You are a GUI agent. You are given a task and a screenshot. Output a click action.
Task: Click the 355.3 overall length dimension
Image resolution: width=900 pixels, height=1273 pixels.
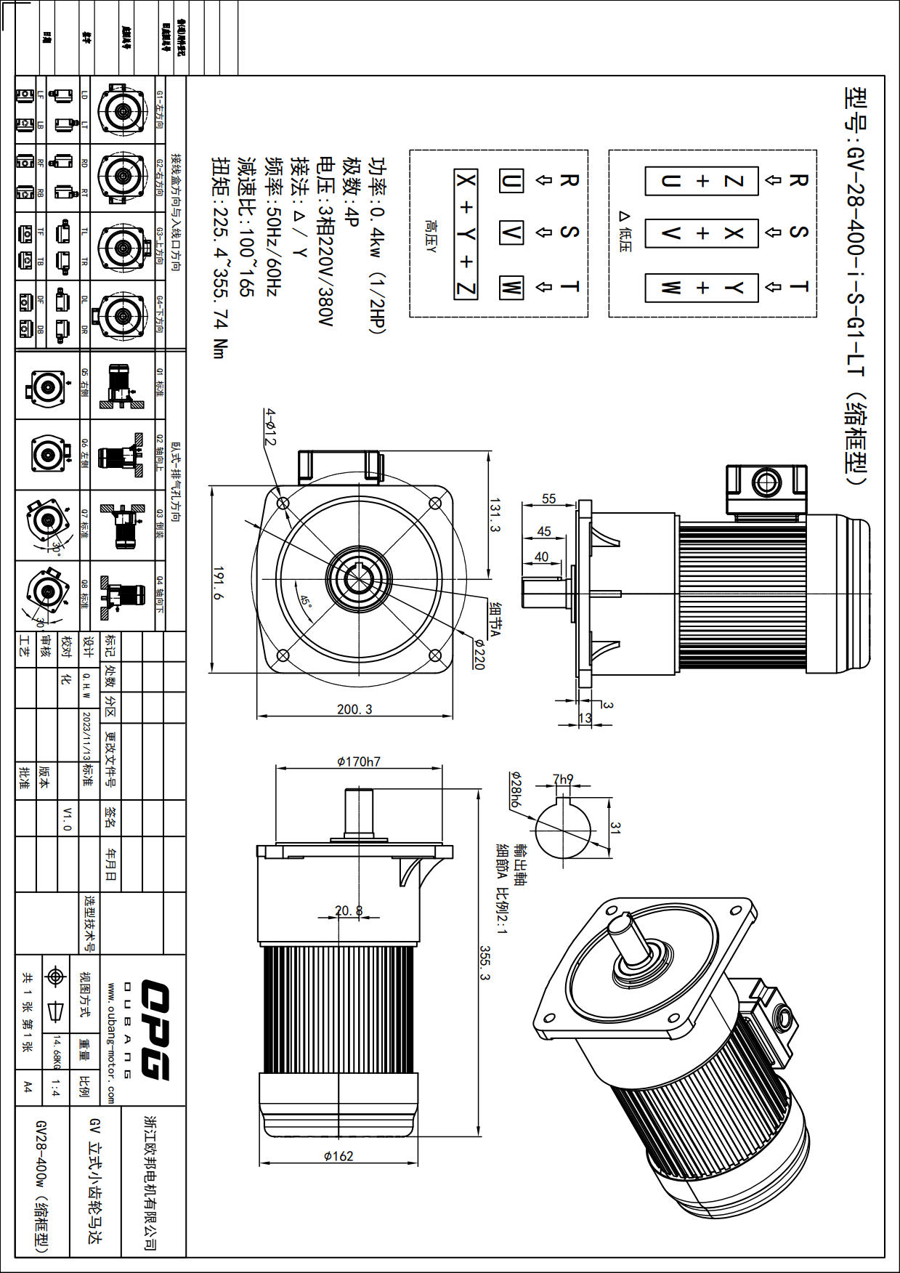(485, 962)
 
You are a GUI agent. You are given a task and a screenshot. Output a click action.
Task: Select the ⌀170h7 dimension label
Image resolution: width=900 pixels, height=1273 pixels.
(358, 761)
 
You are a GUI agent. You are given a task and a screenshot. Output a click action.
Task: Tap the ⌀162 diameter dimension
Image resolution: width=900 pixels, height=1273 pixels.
(338, 1156)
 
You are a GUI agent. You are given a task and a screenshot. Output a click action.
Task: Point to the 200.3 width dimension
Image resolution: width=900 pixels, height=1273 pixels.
(354, 709)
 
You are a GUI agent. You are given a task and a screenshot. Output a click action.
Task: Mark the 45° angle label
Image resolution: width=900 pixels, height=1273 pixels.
(307, 602)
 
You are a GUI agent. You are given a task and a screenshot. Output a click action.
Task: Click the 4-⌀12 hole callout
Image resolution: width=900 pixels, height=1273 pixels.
(270, 427)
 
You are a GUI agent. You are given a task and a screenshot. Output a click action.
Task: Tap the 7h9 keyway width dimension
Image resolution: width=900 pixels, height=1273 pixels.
(563, 779)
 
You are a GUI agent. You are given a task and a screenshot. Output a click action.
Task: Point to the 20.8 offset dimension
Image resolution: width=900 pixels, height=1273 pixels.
(349, 910)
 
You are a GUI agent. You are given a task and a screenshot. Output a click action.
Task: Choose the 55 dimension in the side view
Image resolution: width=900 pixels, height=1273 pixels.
(548, 499)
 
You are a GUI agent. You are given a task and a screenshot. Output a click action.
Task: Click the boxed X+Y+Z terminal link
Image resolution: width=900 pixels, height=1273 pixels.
(466, 234)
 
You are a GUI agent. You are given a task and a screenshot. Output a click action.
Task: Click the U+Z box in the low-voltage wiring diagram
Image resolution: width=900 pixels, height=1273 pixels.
(702, 180)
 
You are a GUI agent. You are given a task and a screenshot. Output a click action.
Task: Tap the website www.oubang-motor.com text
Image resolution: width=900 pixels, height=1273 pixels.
(111, 1043)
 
